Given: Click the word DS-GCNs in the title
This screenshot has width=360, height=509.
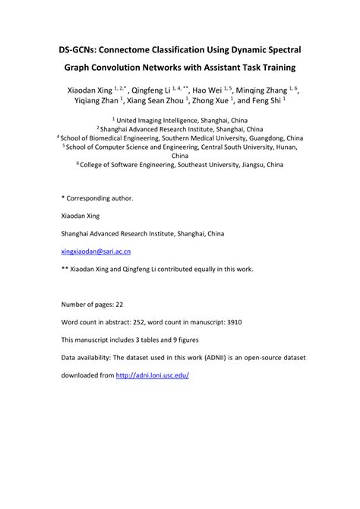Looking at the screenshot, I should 81,49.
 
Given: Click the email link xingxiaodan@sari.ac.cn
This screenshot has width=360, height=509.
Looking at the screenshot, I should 96,250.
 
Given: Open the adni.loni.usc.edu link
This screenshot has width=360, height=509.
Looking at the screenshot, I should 152,375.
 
